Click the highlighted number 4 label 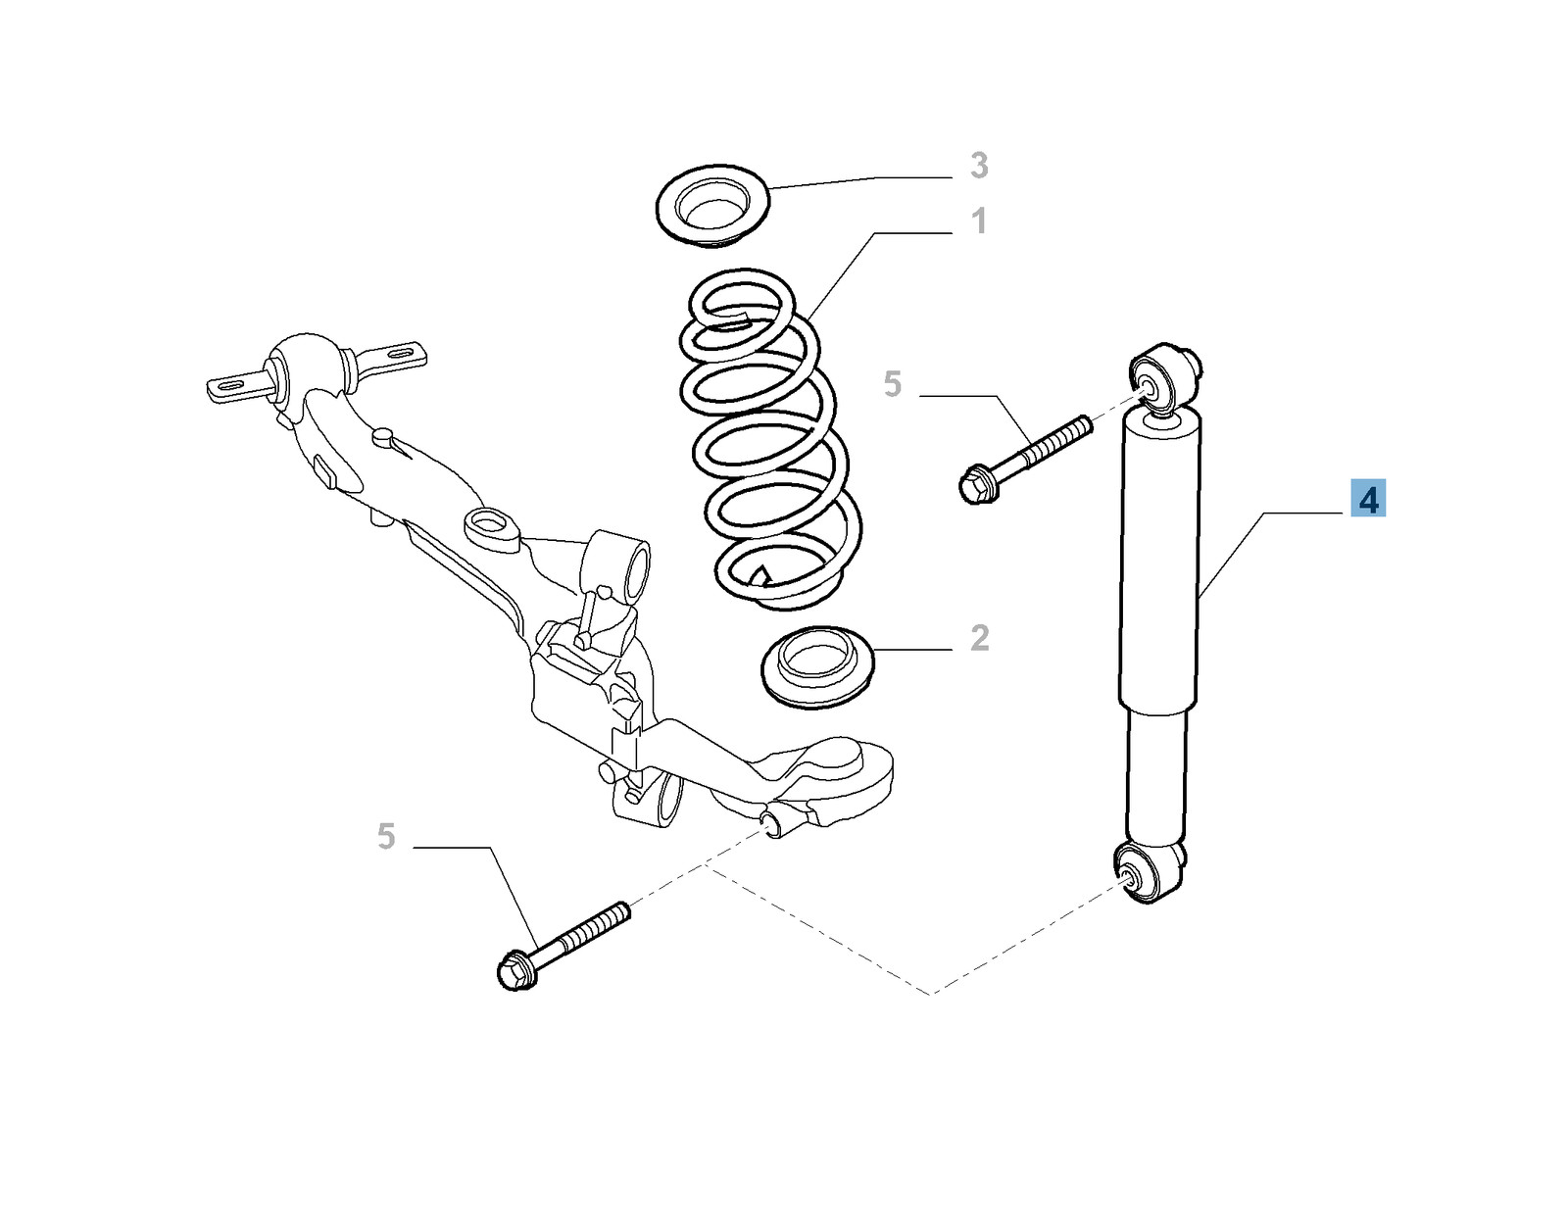pyautogui.click(x=1367, y=499)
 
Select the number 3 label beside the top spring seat pyautogui.click(x=978, y=166)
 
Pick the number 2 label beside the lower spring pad pyautogui.click(x=979, y=638)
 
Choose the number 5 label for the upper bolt pyautogui.click(x=893, y=384)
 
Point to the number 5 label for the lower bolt pyautogui.click(x=386, y=836)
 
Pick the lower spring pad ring pyautogui.click(x=817, y=665)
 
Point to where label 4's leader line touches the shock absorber pyautogui.click(x=1198, y=598)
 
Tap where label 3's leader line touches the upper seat pyautogui.click(x=768, y=188)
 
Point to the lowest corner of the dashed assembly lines pyautogui.click(x=932, y=995)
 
